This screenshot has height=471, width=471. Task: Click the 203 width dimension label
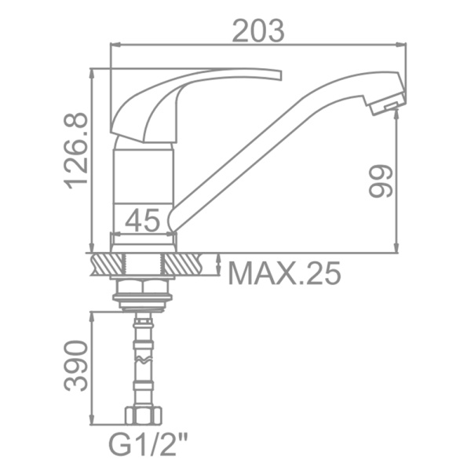click(258, 31)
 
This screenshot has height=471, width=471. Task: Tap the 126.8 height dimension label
click(76, 151)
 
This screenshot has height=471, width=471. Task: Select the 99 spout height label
click(381, 181)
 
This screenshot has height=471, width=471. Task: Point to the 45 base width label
click(142, 220)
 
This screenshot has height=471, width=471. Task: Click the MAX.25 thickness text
click(284, 273)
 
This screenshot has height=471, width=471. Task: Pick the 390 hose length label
click(76, 366)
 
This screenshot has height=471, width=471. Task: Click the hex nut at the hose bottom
click(144, 416)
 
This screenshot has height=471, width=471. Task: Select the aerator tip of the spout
click(386, 104)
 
